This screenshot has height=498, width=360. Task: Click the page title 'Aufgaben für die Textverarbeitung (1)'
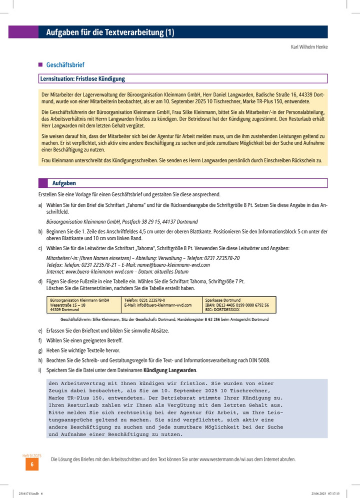pos(110,33)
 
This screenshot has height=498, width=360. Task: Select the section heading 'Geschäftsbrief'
pos(65,65)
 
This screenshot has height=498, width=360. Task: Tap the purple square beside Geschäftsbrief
pos(40,65)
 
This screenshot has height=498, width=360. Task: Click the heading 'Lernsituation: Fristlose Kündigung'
pos(83,79)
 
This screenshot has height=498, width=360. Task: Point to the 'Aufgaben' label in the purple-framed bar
pos(64,183)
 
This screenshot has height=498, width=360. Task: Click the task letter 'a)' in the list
pos(40,205)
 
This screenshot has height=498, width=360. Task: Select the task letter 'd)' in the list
pos(40,282)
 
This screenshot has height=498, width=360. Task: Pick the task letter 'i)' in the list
pos(40,370)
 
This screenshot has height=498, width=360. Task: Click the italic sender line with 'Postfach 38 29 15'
pos(121,221)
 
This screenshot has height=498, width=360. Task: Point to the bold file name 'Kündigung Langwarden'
pos(170,370)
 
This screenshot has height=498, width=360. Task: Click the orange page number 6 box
pos(32,465)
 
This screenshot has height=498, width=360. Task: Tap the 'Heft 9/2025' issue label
pos(32,456)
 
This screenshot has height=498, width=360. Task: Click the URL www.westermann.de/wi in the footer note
pos(230,459)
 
